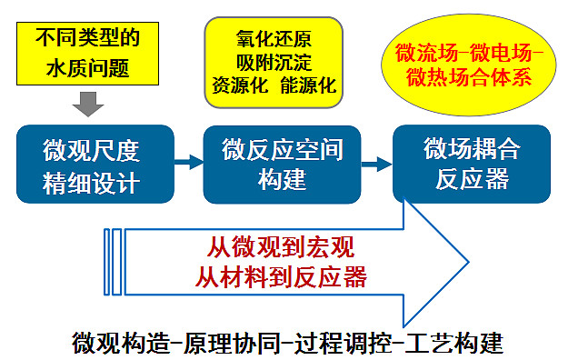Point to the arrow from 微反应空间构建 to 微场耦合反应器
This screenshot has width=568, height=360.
click(x=374, y=165)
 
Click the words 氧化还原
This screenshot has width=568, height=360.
click(x=274, y=41)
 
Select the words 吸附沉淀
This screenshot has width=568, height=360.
click(x=274, y=64)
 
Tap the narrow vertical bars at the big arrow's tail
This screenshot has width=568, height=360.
click(x=113, y=261)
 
